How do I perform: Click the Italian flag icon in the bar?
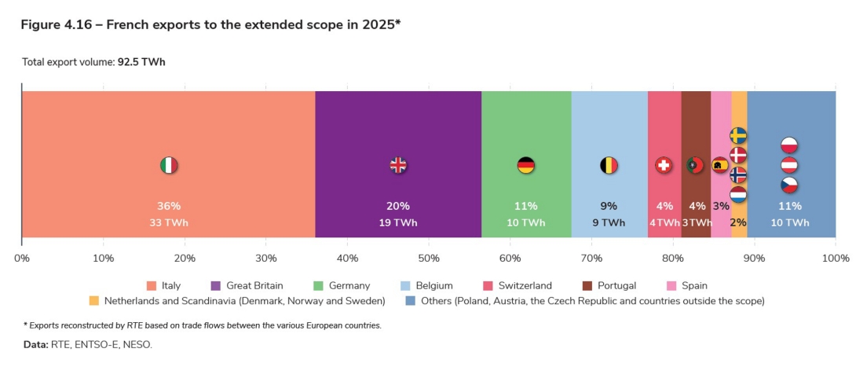point(169,165)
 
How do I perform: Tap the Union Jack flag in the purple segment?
point(398,165)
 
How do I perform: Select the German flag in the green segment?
point(526,165)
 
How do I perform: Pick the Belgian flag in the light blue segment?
point(609,165)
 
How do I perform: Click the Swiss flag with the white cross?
point(664,165)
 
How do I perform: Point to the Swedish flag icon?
point(738,135)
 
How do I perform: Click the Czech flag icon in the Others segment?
point(790,185)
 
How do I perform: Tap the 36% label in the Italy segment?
point(169,206)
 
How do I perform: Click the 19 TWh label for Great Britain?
point(398,222)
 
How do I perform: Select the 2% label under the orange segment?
point(738,222)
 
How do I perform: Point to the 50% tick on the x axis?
point(429,258)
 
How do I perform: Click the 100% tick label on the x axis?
point(836,258)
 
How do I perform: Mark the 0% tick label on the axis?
point(22,258)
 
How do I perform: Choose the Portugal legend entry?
point(615,286)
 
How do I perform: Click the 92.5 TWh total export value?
point(141,61)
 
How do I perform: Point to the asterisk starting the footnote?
point(26,325)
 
